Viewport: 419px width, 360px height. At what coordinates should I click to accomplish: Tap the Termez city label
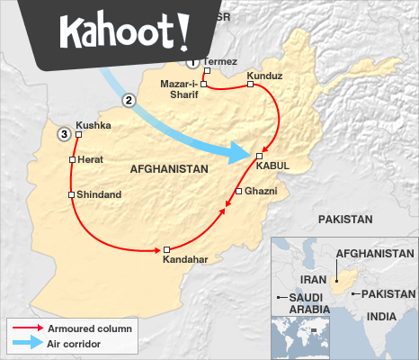220,61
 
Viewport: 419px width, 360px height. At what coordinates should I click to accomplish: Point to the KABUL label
272,166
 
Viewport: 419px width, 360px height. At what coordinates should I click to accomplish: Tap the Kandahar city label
185,260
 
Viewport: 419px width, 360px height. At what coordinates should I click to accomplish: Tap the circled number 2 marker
129,101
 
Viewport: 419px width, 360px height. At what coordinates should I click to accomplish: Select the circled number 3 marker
63,134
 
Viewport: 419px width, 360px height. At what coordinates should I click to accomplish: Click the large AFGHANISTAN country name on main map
168,168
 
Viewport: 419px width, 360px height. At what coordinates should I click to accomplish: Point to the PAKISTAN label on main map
344,219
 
